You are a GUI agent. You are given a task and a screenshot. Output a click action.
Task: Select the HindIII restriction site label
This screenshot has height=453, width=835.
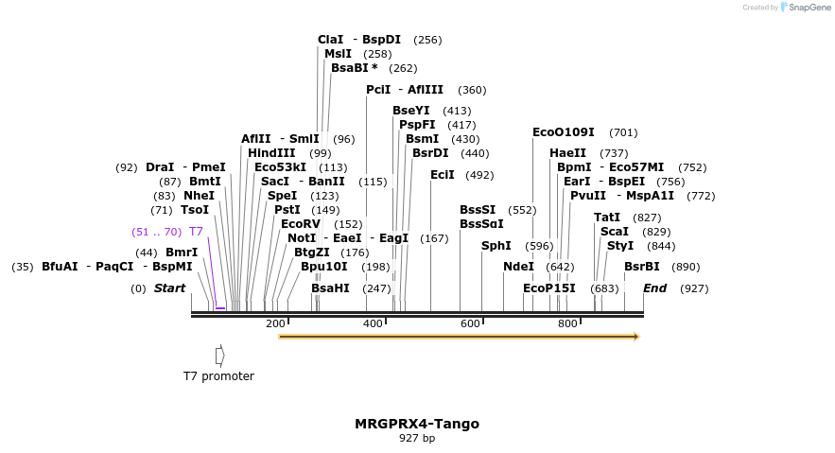point(271,153)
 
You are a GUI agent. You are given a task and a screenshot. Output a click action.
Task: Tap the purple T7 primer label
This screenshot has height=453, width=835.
point(196,232)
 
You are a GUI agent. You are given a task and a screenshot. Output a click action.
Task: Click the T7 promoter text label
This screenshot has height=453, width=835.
point(218,376)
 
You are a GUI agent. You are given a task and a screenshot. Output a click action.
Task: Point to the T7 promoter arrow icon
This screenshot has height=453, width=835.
point(219,356)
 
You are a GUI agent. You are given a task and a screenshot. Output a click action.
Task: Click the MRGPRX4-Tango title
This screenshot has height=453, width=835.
point(417,424)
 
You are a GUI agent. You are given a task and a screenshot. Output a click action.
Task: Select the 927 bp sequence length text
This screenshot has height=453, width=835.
point(417,438)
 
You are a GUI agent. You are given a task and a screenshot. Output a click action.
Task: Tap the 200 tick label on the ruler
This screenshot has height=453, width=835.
point(275,324)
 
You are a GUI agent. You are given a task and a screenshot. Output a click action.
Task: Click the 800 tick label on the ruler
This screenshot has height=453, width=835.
point(567,324)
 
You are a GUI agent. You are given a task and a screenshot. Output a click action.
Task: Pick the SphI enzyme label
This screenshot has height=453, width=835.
point(496,246)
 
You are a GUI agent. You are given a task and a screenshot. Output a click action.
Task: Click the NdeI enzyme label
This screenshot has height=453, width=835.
point(518,267)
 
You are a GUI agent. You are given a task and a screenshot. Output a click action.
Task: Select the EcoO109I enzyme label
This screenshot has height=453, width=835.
point(564,132)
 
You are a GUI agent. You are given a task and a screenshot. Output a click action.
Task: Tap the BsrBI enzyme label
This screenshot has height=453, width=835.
point(641,267)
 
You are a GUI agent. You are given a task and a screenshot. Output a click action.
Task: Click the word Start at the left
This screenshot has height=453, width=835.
point(170,287)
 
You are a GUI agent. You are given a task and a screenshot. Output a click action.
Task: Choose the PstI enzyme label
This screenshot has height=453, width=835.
point(287,210)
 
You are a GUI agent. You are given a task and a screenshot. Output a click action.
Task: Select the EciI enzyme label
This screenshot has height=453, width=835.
point(443,175)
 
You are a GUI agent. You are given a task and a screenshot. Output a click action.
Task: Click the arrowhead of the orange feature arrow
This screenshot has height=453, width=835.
point(636,337)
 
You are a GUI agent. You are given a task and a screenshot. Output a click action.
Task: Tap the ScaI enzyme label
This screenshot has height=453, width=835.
point(615,232)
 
